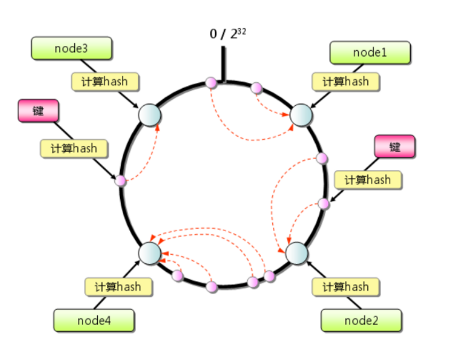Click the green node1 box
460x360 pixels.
pos(370,53)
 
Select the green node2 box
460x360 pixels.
pos(361,320)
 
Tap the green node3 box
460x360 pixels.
pos(71,48)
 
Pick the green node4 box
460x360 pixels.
pos(94,320)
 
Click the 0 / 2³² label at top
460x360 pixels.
pos(228,33)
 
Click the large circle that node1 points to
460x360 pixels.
pos(301,115)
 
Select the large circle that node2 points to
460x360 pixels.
pos(296,253)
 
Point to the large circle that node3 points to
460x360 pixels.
pos(149,114)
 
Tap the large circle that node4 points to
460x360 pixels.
pos(150,252)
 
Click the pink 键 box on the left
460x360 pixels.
pos(38,110)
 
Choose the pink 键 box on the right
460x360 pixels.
pos(394,147)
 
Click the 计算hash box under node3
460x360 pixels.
pos(106,81)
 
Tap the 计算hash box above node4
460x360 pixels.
pos(119,286)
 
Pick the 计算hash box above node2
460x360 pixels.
pos(346,286)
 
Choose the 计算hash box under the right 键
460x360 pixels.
pos(367,180)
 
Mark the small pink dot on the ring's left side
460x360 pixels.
pos(120,181)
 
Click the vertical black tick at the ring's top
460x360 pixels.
pos(223,64)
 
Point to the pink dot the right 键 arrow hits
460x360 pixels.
pos(324,203)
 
